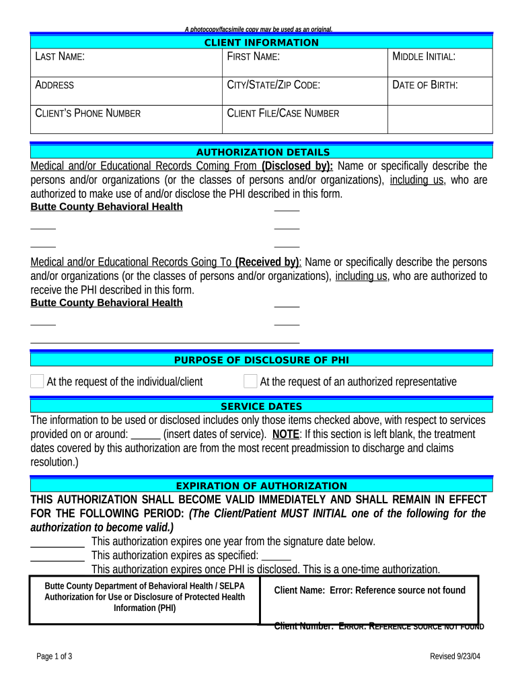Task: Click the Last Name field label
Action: pyautogui.click(x=60, y=57)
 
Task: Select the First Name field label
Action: pyautogui.click(x=253, y=57)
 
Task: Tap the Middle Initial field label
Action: pyautogui.click(x=424, y=57)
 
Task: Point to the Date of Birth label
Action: pyautogui.click(x=425, y=85)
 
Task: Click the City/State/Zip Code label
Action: pyautogui.click(x=274, y=85)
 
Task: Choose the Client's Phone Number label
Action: pyautogui.click(x=87, y=113)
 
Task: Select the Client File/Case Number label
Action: pyautogui.click(x=283, y=113)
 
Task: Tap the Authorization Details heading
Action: pyautogui.click(x=262, y=152)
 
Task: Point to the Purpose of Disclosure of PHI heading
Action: pyautogui.click(x=262, y=360)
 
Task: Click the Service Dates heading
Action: pyautogui.click(x=262, y=406)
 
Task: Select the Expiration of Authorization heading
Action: pyautogui.click(x=262, y=486)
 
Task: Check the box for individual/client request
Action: pyautogui.click(x=37, y=382)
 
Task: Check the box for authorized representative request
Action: pyautogui.click(x=250, y=382)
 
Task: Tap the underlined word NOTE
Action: pyautogui.click(x=286, y=434)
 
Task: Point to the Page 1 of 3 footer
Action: pyautogui.click(x=54, y=656)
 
